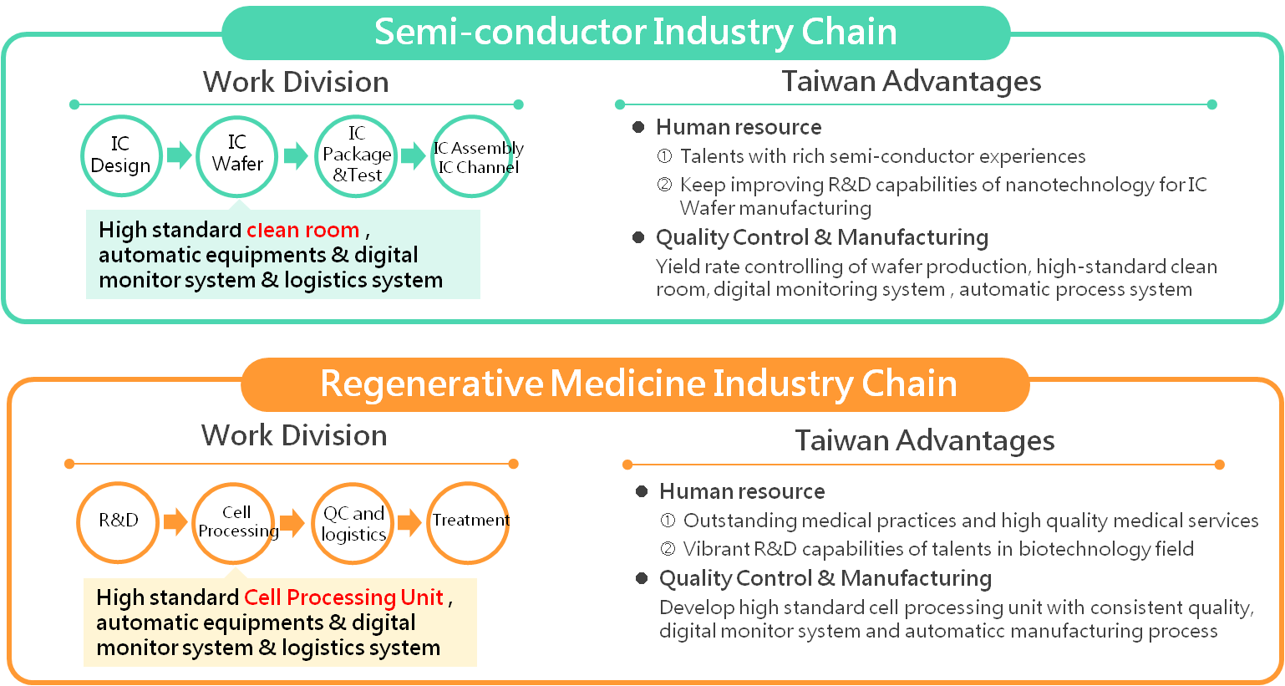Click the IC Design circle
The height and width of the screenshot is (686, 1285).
[x=120, y=156]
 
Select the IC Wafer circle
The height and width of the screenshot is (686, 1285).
[x=237, y=155]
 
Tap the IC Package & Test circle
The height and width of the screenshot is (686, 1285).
[x=356, y=155]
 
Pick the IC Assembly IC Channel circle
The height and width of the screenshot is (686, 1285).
[x=473, y=156]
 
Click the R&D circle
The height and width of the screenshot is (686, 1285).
[x=118, y=522]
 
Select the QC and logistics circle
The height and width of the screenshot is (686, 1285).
[x=353, y=524]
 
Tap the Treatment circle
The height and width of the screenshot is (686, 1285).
[x=470, y=523]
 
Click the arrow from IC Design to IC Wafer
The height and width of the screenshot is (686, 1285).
[x=179, y=155]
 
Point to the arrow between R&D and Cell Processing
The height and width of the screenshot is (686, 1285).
[x=175, y=522]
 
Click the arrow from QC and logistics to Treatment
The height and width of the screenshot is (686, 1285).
[x=409, y=523]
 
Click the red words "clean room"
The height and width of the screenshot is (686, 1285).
[x=303, y=230]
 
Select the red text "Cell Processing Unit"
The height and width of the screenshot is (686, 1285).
[x=343, y=597]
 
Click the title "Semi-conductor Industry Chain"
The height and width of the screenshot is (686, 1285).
[x=635, y=32]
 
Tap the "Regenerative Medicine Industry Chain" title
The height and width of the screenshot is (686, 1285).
[x=638, y=384]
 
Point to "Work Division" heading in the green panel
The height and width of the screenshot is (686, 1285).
[x=296, y=82]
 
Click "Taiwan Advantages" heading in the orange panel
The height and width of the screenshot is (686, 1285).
[x=924, y=440]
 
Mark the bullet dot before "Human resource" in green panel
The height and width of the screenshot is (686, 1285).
[x=638, y=127]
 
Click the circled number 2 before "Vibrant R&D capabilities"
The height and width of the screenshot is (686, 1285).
[x=668, y=549]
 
